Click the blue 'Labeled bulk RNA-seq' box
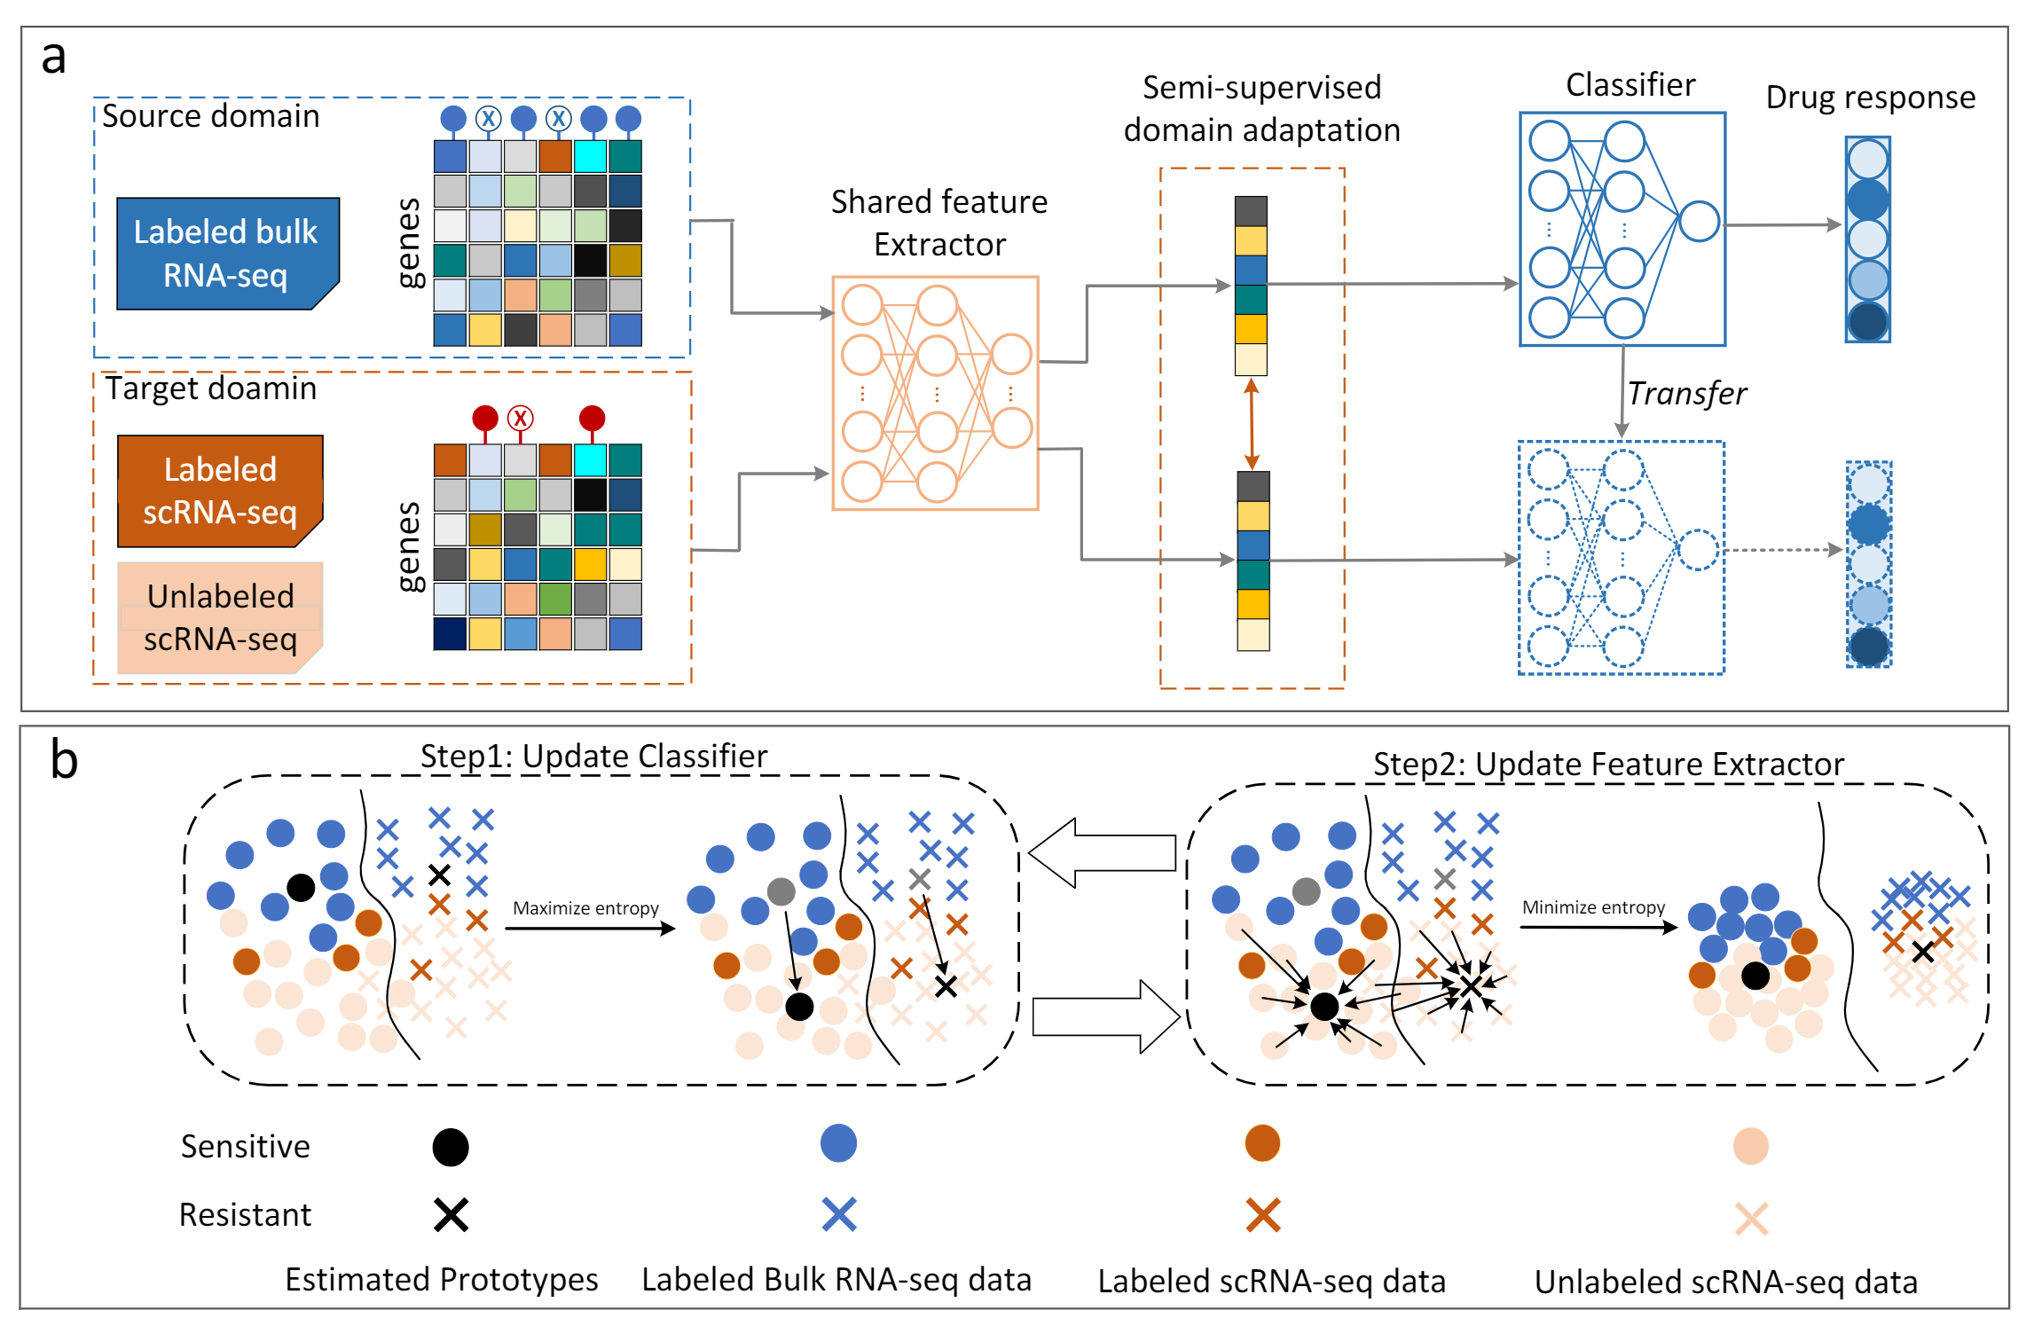pyautogui.click(x=227, y=254)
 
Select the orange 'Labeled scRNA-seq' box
pyautogui.click(x=220, y=490)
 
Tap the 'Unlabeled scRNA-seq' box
pyautogui.click(x=220, y=617)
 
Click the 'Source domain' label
pyautogui.click(x=210, y=116)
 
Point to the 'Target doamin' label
pyautogui.click(x=210, y=388)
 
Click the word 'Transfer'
pyautogui.click(x=1686, y=394)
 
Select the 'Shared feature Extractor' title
pyautogui.click(x=939, y=223)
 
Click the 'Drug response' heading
pyautogui.click(x=1870, y=98)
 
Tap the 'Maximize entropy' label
pyautogui.click(x=585, y=908)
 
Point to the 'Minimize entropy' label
pyautogui.click(x=1593, y=907)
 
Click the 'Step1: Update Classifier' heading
pyautogui.click(x=593, y=757)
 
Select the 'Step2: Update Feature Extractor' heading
pyautogui.click(x=1608, y=765)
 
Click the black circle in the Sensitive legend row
pyautogui.click(x=451, y=1147)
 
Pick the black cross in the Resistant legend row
pyautogui.click(x=451, y=1214)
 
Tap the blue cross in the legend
pyautogui.click(x=838, y=1214)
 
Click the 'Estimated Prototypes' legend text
pyautogui.click(x=441, y=1280)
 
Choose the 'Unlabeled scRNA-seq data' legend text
pyautogui.click(x=1725, y=1283)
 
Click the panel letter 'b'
pyautogui.click(x=64, y=761)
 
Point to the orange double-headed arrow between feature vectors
pyautogui.click(x=1252, y=424)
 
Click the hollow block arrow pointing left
pyautogui.click(x=1103, y=853)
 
